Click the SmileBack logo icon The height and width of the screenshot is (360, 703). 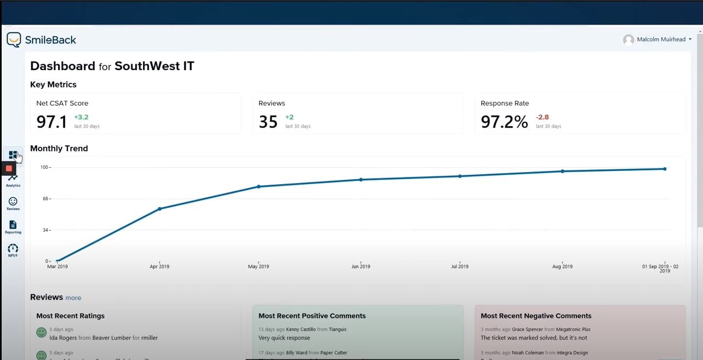point(14,39)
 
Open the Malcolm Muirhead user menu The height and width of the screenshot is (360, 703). point(658,39)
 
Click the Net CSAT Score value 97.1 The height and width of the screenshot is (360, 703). point(52,122)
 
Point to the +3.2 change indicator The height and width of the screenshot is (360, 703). point(81,117)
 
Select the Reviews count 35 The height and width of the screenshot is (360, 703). point(268,122)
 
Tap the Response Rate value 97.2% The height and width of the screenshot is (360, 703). point(504,122)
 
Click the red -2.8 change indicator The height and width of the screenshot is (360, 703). point(542,117)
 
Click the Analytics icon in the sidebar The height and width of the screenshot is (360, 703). point(13,178)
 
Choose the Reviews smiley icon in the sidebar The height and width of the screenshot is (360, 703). point(13,202)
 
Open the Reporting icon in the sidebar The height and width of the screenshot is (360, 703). point(13,225)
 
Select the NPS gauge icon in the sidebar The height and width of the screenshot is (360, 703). point(13,248)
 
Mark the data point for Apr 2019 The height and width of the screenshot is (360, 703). point(159,209)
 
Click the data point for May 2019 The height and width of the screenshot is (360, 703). point(259,187)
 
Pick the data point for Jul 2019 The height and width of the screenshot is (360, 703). point(460,176)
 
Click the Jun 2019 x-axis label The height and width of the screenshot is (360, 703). point(361,267)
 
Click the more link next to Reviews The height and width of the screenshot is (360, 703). point(73,298)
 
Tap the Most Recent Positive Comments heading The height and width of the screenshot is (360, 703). point(312,316)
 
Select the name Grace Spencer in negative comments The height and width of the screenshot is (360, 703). point(527,329)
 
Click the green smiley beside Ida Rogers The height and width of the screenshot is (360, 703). point(41,333)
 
